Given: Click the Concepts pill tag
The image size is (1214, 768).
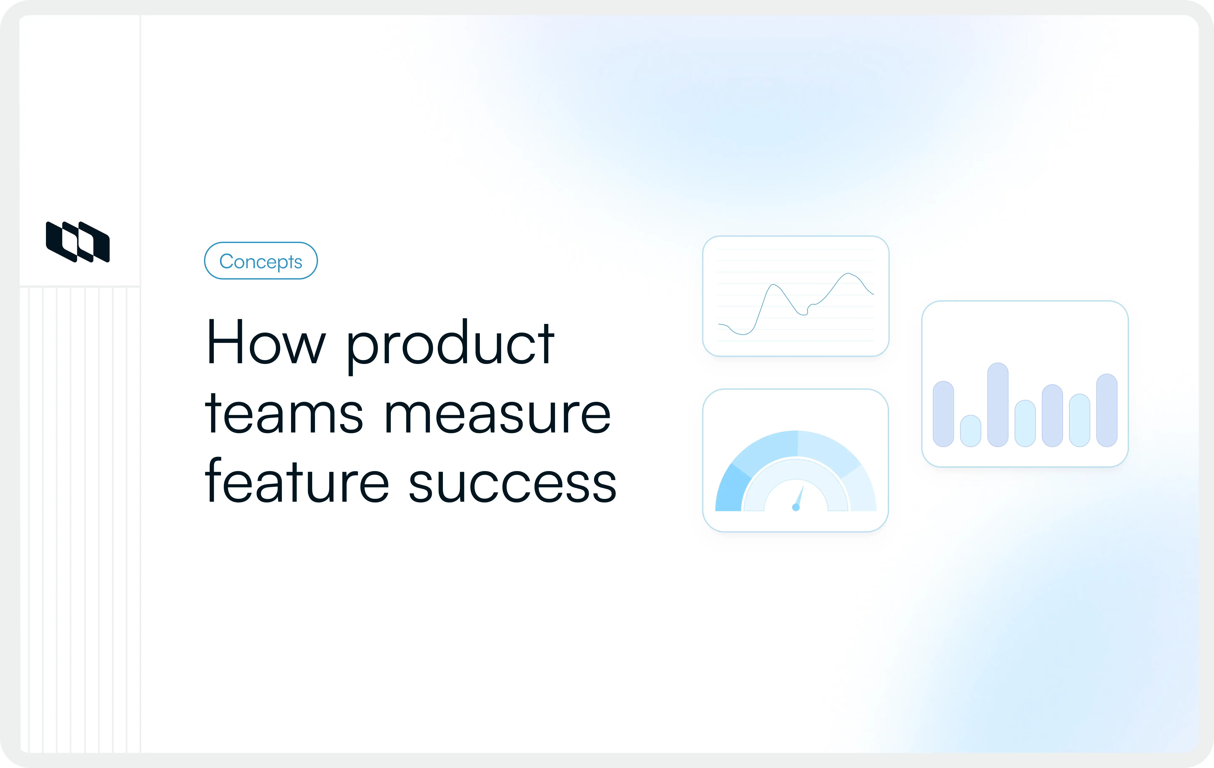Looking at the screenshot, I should [261, 261].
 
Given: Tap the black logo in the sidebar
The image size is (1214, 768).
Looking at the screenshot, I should [78, 242].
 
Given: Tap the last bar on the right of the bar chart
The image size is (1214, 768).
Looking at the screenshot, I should [1107, 410].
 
